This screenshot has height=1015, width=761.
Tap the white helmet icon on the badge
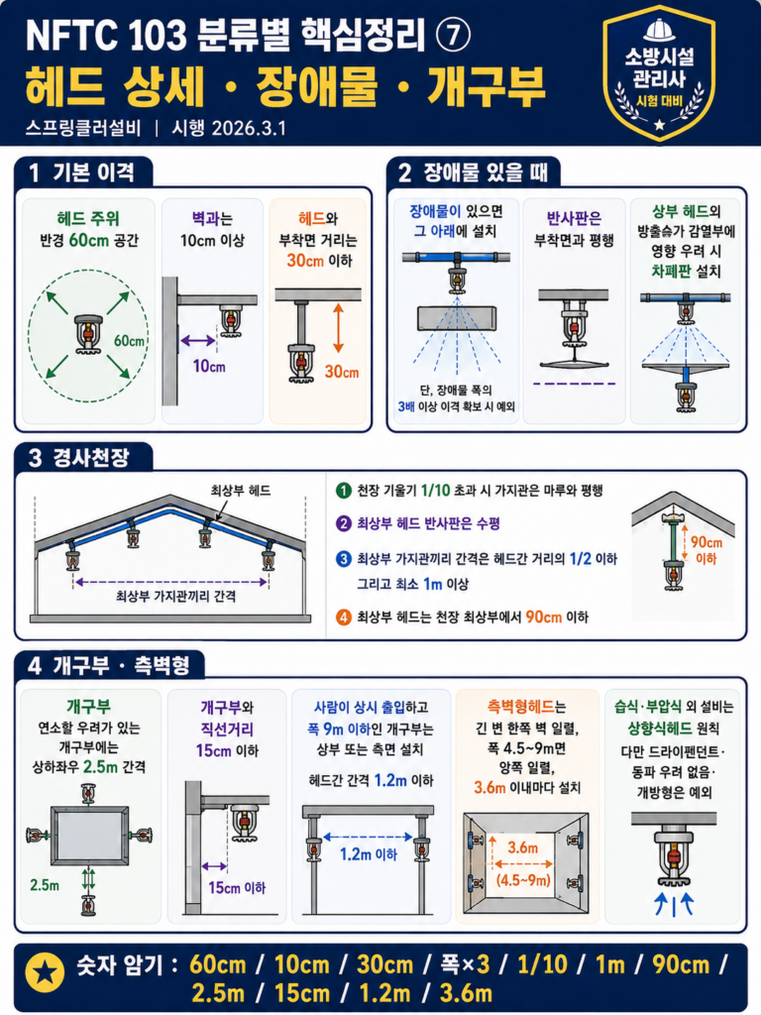tap(659, 30)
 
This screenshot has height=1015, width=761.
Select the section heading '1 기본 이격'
tap(82, 172)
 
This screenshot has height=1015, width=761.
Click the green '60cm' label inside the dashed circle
tap(130, 341)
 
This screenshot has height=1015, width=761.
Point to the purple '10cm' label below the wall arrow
tap(209, 367)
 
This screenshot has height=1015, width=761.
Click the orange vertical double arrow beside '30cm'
tap(338, 328)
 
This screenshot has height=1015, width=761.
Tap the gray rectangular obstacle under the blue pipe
tap(457, 318)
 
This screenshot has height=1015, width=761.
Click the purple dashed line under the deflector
tap(574, 384)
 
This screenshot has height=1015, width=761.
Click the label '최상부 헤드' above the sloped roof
tap(240, 491)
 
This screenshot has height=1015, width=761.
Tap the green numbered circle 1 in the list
tap(343, 491)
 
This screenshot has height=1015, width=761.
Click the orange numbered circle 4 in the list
tap(343, 617)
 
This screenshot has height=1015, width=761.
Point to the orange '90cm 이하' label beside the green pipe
tap(706, 550)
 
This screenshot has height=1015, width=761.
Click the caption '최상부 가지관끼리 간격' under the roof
tap(176, 596)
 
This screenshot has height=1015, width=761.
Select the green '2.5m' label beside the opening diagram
tap(45, 885)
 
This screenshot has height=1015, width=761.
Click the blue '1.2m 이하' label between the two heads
tap(369, 854)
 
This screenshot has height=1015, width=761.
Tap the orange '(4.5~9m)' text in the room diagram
tap(523, 880)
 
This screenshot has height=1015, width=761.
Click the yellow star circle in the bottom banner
tap(45, 972)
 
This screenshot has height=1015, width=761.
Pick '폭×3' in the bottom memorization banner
tap(465, 964)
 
